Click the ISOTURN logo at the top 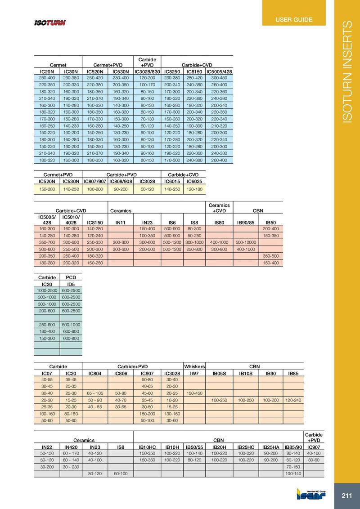pos(50,23)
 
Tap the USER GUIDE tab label pos(294,19)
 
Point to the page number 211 pos(346,496)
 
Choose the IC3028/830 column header pos(147,71)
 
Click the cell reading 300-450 pos(219,78)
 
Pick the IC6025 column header pos(194,181)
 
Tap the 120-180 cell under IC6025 pos(194,190)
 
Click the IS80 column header pos(219,222)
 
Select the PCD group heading pos(71,277)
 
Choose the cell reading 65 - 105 pos(95,393)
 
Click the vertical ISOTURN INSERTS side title pos(348,72)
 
